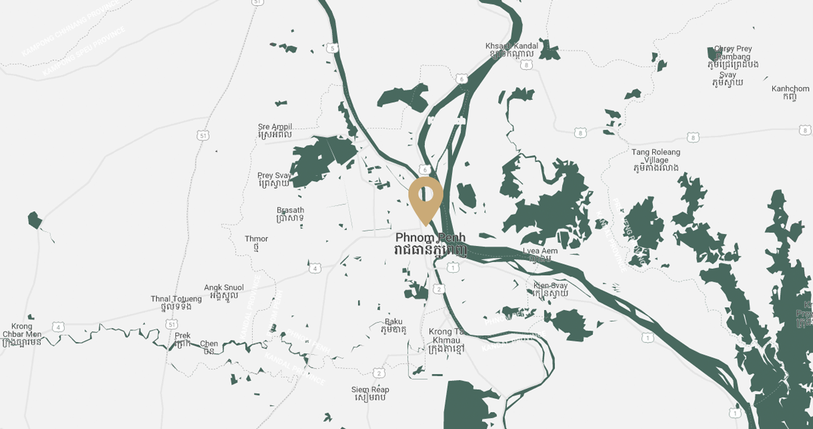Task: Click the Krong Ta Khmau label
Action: (449, 336)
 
